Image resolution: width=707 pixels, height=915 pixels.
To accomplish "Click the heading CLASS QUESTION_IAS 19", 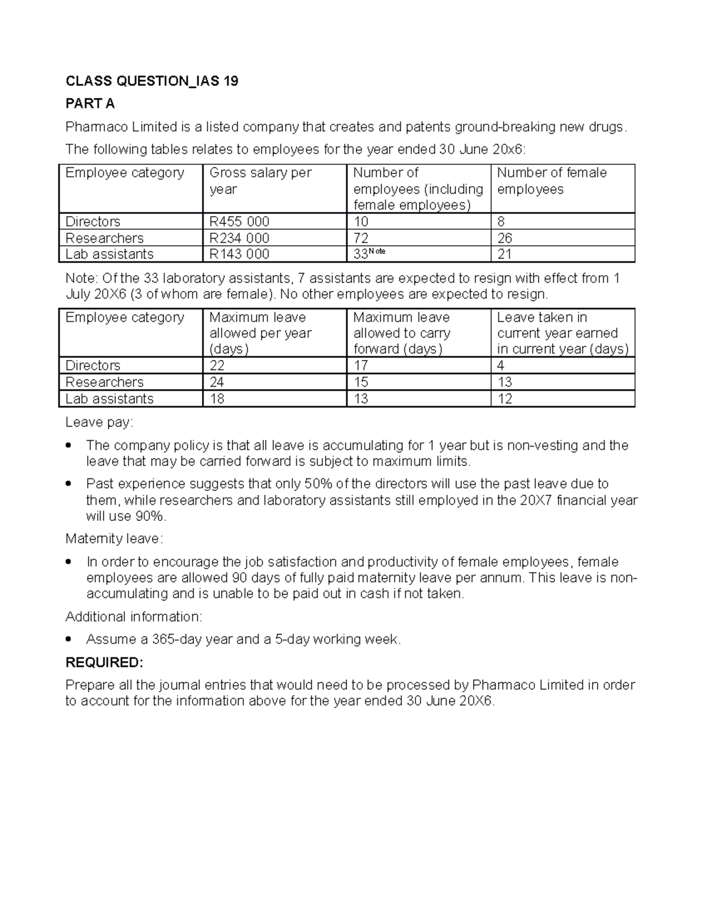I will tap(151, 81).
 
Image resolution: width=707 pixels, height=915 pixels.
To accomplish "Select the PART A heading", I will tap(90, 104).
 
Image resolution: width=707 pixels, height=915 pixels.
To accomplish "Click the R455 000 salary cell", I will tap(239, 222).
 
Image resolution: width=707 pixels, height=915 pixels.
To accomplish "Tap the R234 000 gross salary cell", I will tap(239, 238).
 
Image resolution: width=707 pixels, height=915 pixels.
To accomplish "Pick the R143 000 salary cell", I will tap(239, 254).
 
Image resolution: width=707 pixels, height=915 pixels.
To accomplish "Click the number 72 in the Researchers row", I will tap(361, 238).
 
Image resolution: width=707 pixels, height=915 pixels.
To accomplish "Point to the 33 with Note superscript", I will tap(368, 253).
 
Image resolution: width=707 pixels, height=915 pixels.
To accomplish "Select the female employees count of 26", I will tap(504, 238).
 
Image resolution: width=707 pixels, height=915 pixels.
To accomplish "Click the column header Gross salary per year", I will tap(260, 181).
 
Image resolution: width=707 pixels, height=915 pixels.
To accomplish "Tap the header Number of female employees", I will tap(551, 181).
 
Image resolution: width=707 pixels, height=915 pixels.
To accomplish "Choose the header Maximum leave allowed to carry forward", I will tap(401, 333).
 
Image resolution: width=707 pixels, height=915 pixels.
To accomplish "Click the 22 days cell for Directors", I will tap(217, 365).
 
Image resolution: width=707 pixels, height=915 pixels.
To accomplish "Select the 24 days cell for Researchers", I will tap(217, 382).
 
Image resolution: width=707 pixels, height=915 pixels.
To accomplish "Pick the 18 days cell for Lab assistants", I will tap(217, 399).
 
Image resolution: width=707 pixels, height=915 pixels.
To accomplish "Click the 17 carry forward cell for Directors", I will tap(361, 365).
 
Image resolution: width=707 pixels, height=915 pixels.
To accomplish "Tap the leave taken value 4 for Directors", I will tap(501, 365).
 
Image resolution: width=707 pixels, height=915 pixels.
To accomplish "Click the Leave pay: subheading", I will tap(99, 422).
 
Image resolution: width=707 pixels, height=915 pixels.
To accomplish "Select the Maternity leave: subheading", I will tap(114, 539).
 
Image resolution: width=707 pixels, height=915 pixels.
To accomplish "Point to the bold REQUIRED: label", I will tap(104, 662).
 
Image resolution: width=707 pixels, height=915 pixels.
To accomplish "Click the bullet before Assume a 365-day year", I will tap(70, 639).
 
